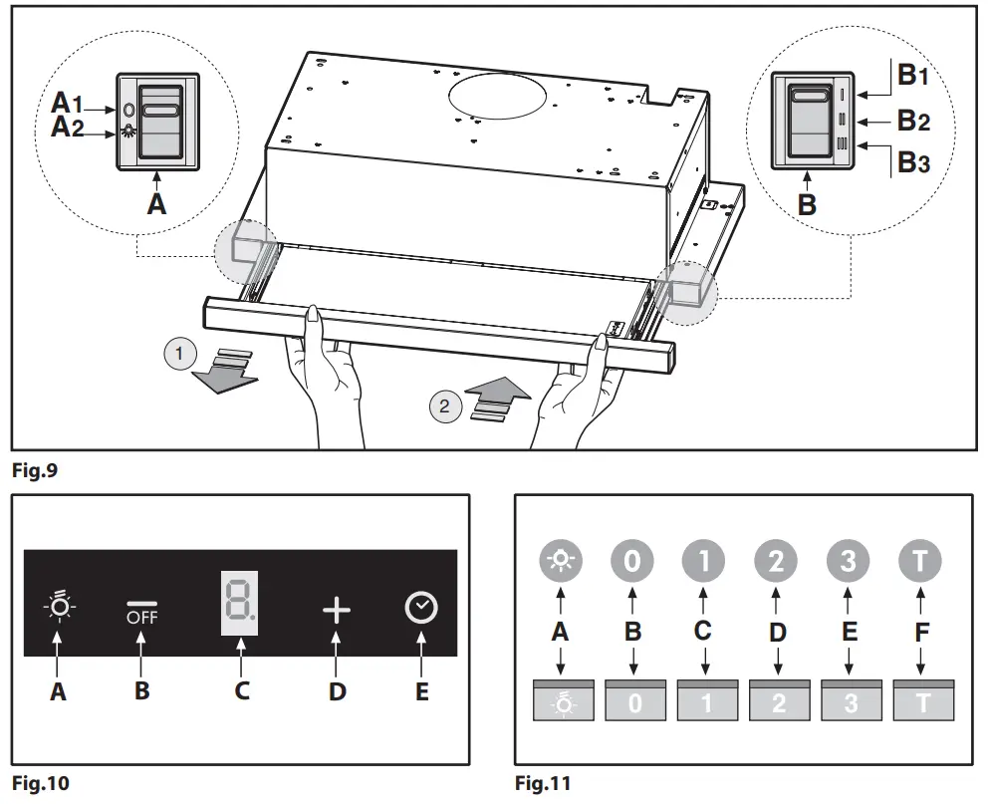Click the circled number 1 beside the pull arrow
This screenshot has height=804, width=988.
(x=179, y=354)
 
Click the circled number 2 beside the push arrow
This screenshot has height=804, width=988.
(x=445, y=405)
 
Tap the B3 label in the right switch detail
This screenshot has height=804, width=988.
(x=912, y=162)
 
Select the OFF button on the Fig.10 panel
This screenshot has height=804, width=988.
(x=141, y=611)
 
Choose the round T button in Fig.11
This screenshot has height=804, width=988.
(x=919, y=561)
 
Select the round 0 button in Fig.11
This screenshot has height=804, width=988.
(x=632, y=561)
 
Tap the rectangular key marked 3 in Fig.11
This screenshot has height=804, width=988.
(x=849, y=701)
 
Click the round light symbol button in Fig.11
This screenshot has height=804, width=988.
(x=561, y=561)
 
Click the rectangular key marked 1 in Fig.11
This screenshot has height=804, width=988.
(x=705, y=701)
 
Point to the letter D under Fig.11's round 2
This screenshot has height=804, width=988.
(x=777, y=632)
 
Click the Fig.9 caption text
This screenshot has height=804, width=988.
(x=35, y=471)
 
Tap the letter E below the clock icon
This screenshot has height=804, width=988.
(x=421, y=689)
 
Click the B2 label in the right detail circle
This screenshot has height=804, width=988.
(x=912, y=121)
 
